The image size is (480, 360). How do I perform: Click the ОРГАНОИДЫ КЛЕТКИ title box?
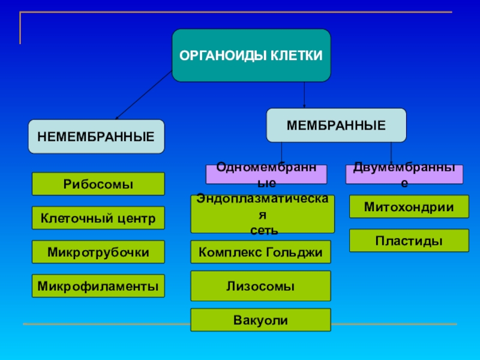[251, 55]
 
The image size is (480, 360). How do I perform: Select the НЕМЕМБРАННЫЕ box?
[97, 136]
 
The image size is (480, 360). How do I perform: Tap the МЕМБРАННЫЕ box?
[336, 125]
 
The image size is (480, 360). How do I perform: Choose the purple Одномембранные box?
[266, 175]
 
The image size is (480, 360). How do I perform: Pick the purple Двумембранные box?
[404, 175]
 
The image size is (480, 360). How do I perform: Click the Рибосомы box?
[98, 184]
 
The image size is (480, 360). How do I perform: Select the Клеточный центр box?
[98, 218]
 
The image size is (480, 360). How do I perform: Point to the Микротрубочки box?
[98, 252]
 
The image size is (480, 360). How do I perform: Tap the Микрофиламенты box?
[98, 286]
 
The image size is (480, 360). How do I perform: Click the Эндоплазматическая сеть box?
[262, 214]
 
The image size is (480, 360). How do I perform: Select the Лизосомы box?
[261, 286]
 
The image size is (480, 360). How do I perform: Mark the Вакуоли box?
[261, 320]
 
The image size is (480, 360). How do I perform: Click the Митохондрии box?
[409, 206]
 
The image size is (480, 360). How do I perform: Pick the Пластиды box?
[409, 241]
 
